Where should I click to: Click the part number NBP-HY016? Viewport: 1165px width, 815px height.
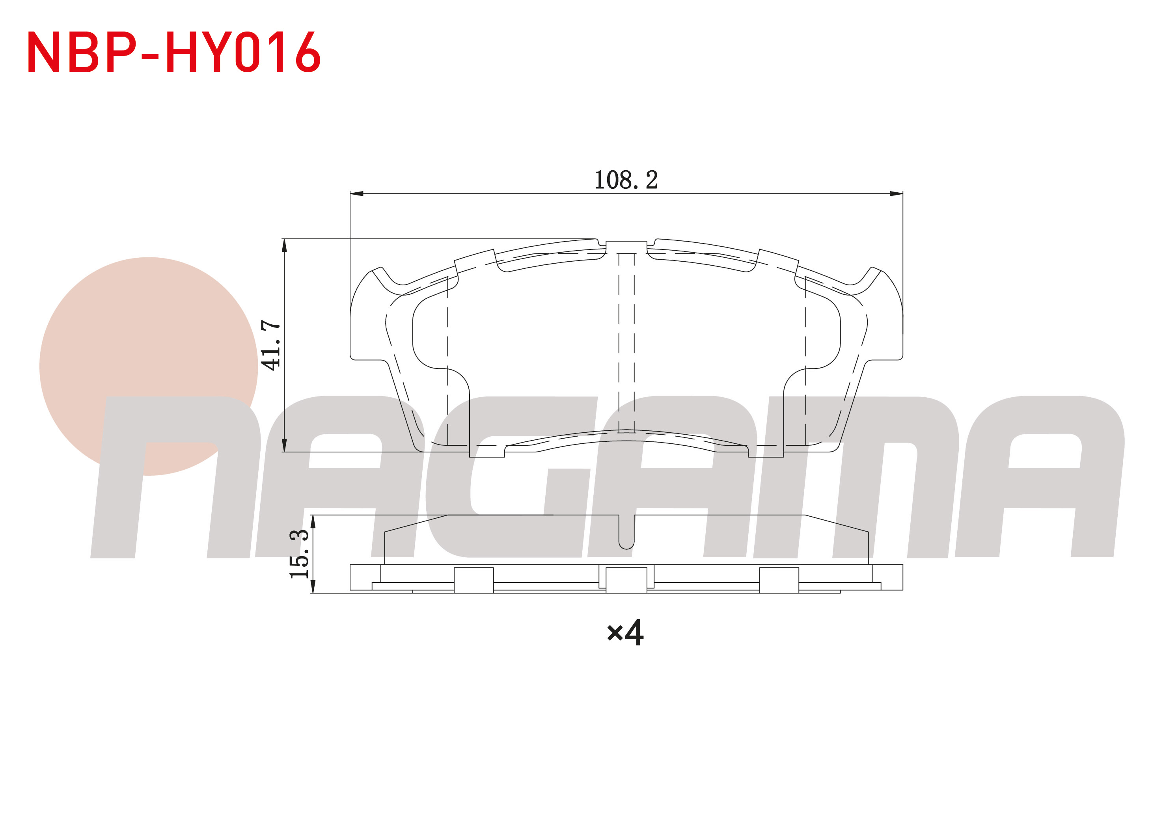(x=173, y=52)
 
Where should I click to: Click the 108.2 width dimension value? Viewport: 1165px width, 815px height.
(x=626, y=180)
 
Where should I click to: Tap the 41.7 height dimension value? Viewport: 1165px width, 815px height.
(x=270, y=345)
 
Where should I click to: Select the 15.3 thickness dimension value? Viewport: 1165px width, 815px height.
(x=299, y=553)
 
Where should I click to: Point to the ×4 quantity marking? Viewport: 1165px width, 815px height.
(x=625, y=633)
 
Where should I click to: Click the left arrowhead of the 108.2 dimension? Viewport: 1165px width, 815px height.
(x=357, y=193)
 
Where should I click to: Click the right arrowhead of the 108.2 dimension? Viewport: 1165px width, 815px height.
(x=896, y=193)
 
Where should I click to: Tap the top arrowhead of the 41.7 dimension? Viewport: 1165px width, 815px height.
(x=284, y=245)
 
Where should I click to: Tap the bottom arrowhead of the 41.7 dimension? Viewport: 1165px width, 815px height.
(x=284, y=445)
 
